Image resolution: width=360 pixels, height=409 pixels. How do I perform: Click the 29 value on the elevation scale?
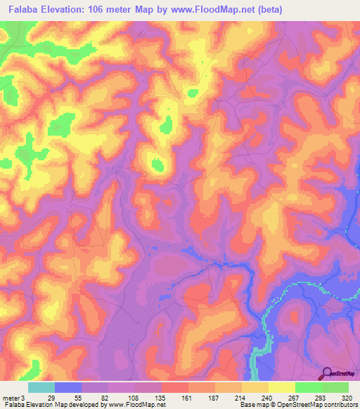(52, 397)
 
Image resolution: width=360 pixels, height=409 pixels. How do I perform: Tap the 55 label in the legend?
(79, 397)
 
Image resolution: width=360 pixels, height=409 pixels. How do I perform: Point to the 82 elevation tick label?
(105, 397)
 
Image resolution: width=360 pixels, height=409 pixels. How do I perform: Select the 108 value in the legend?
(133, 397)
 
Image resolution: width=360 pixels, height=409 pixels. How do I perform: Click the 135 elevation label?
(161, 397)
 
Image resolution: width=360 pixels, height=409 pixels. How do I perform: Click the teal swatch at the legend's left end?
(41, 387)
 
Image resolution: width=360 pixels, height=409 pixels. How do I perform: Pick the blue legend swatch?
(68, 387)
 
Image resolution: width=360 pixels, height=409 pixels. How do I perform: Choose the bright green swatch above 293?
(309, 387)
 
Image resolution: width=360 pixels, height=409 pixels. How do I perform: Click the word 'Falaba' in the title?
(20, 9)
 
